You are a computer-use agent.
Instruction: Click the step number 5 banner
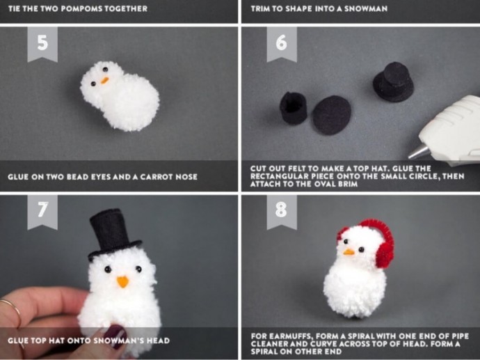coord(42,43)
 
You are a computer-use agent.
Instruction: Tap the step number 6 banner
coord(282,43)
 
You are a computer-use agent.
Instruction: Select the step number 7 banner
coord(42,212)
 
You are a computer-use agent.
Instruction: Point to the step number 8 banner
coord(282,212)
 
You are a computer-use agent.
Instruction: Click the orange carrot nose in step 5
coord(104,80)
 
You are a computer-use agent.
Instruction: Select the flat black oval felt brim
coord(332,115)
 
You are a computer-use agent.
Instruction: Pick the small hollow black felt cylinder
coord(293,108)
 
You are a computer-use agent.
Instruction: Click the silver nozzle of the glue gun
coord(419,152)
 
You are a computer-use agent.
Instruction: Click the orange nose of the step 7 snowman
coord(122,281)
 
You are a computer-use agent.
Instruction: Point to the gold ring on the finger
coord(13,309)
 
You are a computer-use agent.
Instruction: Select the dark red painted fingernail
coord(118,336)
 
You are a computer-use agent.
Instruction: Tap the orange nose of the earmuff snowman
coord(349,253)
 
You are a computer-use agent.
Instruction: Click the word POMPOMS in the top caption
coord(81,8)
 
